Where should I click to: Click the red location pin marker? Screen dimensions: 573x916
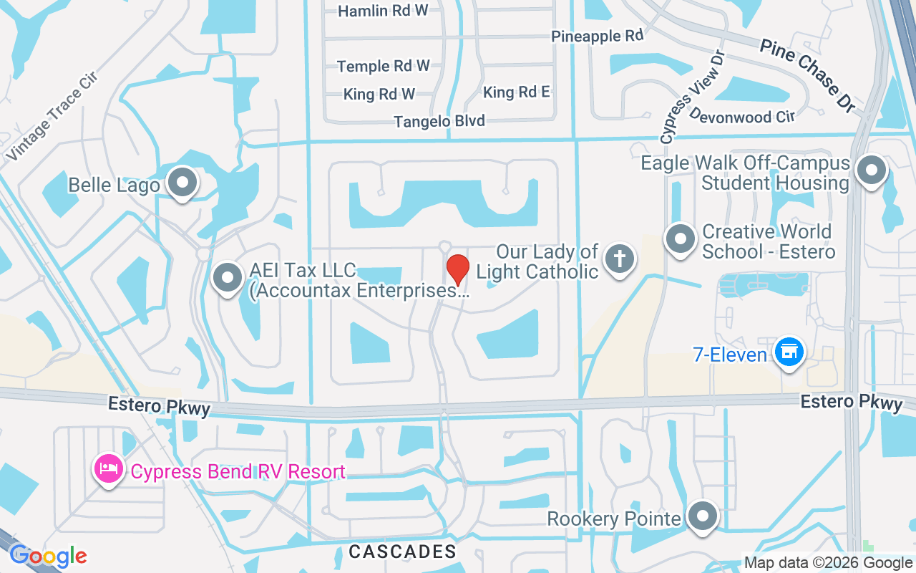point(458,269)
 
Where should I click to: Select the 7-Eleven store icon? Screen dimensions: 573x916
point(789,352)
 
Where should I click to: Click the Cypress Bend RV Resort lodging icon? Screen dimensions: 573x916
point(108,470)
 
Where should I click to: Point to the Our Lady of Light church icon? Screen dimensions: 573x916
point(619,259)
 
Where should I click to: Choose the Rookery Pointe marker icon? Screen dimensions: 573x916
point(702,516)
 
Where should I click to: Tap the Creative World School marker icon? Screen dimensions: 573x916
point(680,239)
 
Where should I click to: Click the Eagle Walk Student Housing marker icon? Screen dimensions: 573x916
point(871,170)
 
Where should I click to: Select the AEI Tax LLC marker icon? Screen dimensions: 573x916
point(228,276)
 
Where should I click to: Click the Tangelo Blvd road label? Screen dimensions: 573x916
point(439,121)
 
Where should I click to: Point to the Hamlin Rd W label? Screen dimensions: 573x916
point(383,11)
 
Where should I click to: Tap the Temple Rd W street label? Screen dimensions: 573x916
point(384,66)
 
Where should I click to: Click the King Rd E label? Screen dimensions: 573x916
point(517,92)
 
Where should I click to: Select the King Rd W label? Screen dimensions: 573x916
point(379,94)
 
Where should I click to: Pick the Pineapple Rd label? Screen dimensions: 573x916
point(597,35)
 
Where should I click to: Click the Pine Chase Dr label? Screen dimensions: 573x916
point(808,75)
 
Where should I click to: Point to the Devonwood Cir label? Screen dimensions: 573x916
point(741,115)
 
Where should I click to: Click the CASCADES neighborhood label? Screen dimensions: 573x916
point(402,551)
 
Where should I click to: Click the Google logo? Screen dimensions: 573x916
point(48,556)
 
